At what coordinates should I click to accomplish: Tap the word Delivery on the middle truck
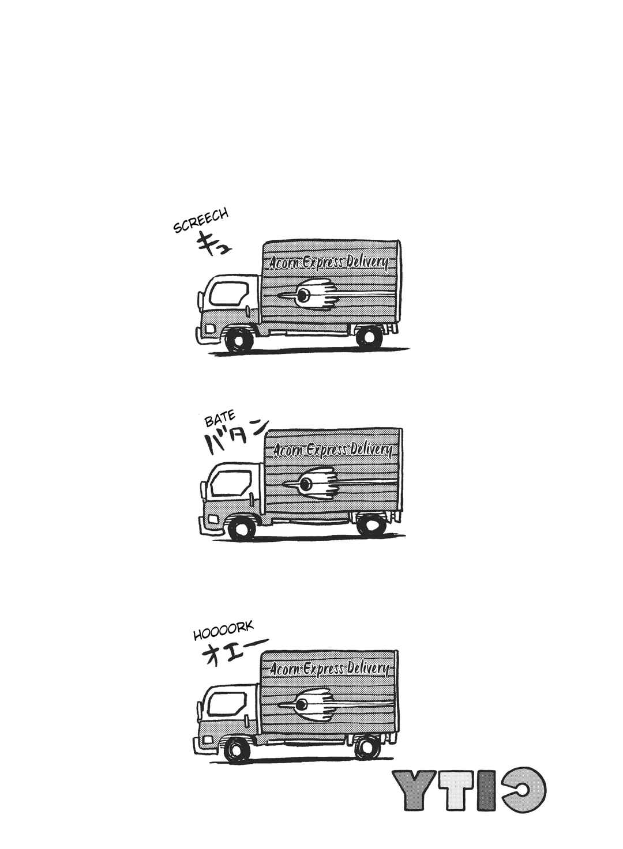[370, 451]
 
